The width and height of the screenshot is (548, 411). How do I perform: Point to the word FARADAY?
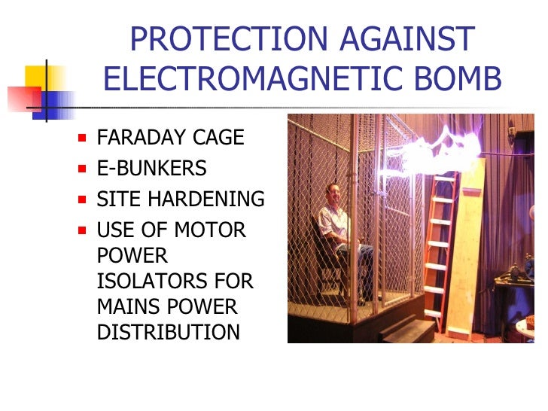point(141,138)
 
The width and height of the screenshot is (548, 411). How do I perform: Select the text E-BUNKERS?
point(152,169)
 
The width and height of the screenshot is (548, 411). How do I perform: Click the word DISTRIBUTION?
point(169,332)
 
